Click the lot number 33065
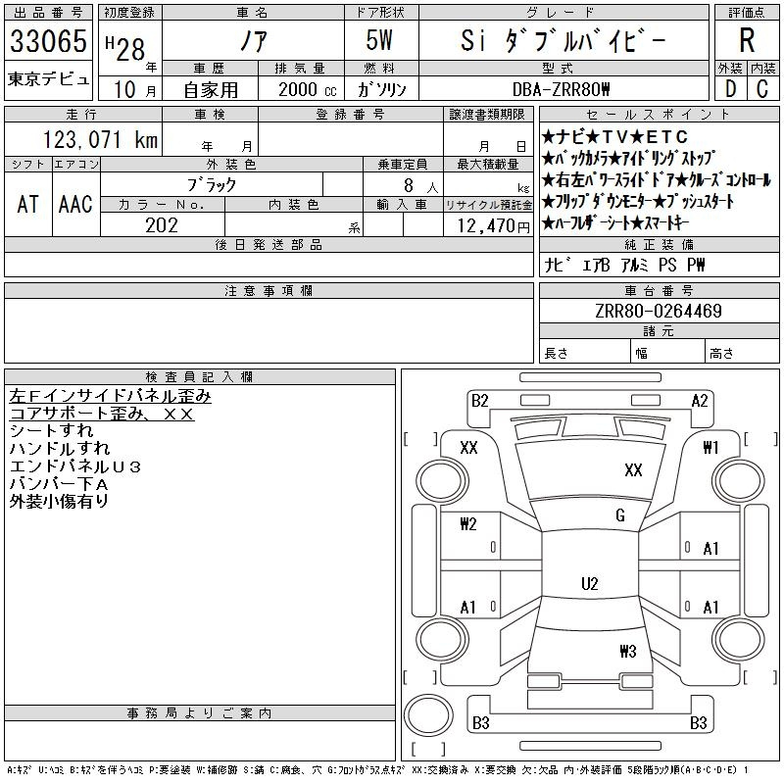[x=49, y=42]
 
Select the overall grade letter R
[x=747, y=41]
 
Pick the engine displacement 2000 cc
[x=308, y=89]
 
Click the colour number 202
[x=162, y=225]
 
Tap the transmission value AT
[x=28, y=204]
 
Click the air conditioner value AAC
[x=75, y=204]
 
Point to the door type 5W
[x=380, y=42]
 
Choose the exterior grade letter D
[x=729, y=88]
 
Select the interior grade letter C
[x=762, y=88]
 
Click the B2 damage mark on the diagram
[x=480, y=400]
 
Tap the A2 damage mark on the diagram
[x=700, y=400]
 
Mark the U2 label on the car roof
[x=589, y=584]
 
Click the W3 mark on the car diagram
[x=628, y=651]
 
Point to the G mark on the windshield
[x=620, y=515]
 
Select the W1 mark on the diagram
[x=711, y=448]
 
